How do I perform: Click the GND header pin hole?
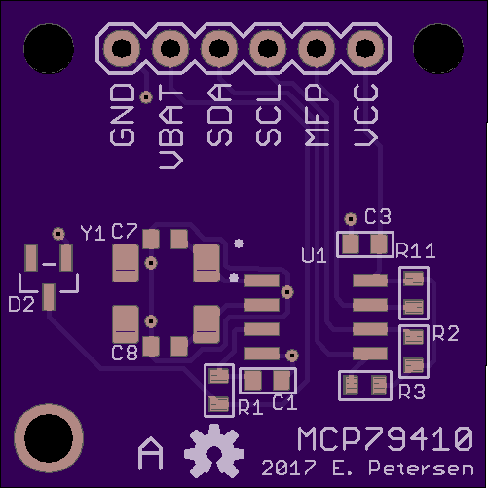122,49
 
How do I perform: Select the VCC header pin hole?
365,49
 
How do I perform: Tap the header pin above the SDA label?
219,49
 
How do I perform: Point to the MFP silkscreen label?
317,115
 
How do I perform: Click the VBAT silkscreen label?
171,127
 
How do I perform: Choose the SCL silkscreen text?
268,115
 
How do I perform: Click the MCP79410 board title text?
385,438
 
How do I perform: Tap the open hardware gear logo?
214,451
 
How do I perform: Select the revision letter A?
150,454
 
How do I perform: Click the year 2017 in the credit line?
288,468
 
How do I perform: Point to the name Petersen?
421,468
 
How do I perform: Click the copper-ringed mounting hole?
49,438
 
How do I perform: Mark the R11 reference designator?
416,250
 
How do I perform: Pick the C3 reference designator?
378,216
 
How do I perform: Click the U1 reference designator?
314,255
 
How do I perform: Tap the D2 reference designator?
21,305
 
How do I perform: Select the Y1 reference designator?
93,233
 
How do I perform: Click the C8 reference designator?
125,353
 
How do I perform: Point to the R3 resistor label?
412,392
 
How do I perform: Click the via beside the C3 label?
351,219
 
